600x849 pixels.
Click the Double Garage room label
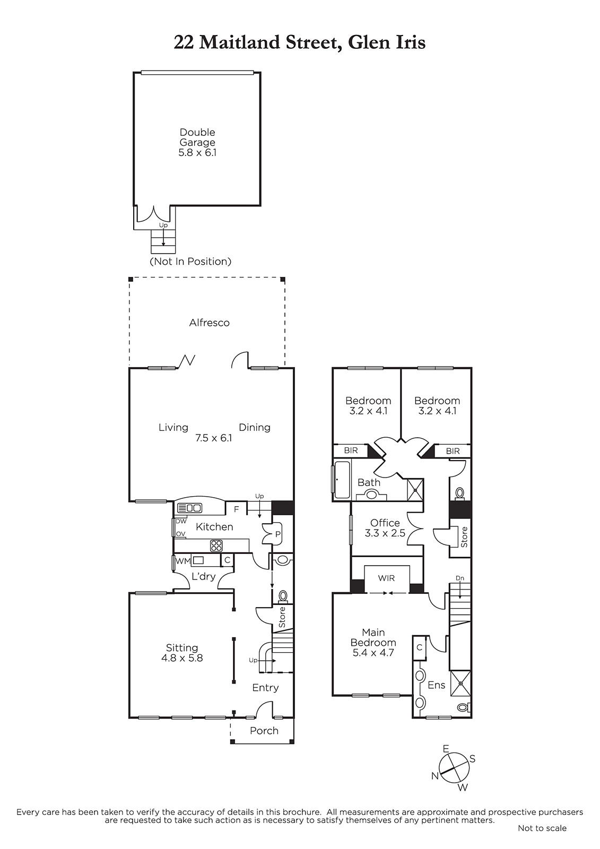[197, 137]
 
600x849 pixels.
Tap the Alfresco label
[209, 323]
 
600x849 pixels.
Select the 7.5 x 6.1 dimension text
[213, 438]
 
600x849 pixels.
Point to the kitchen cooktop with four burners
[216, 545]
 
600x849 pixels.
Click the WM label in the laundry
[183, 561]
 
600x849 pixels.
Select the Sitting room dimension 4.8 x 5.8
[182, 658]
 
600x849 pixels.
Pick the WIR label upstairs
[386, 578]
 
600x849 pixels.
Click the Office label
[385, 523]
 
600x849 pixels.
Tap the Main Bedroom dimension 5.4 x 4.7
[373, 652]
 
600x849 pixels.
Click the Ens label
[436, 685]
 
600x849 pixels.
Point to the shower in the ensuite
[460, 683]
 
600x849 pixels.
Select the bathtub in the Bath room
[342, 480]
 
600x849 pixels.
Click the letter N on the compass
[434, 775]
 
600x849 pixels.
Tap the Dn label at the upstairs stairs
[460, 578]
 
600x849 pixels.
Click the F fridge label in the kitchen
[237, 509]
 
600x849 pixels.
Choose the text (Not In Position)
[190, 261]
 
